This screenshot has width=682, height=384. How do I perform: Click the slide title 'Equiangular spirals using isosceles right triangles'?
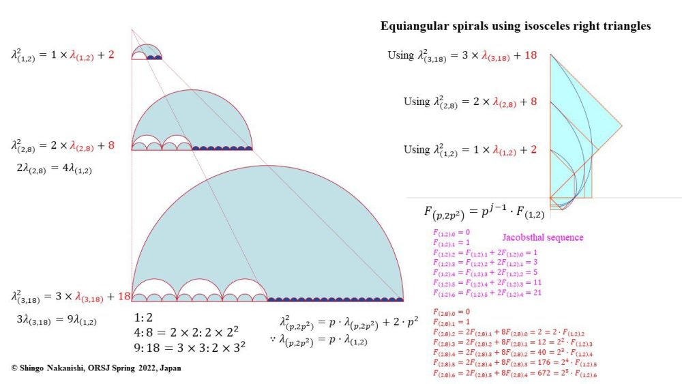point(515,27)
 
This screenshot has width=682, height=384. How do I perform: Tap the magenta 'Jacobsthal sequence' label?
point(542,237)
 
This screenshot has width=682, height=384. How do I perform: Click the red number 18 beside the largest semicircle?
point(124,296)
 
